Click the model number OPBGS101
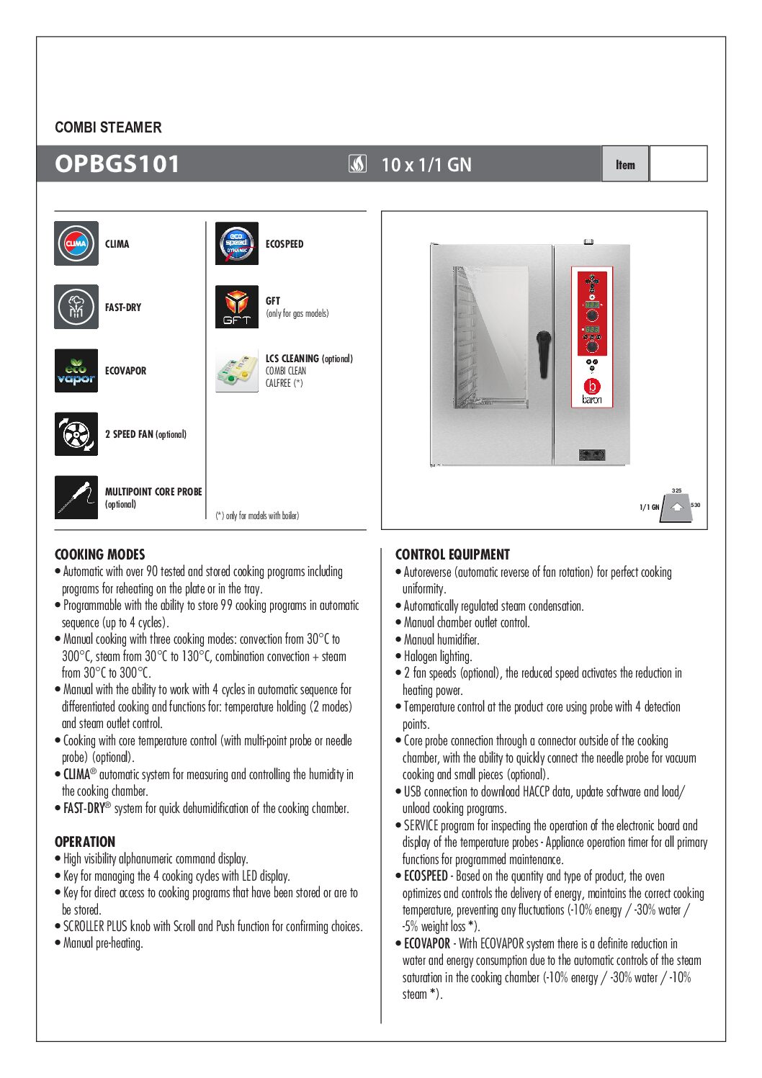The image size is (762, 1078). (x=117, y=164)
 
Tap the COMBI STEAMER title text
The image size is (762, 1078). (x=108, y=127)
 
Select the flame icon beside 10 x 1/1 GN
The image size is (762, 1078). (x=357, y=164)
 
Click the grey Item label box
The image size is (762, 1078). (x=625, y=164)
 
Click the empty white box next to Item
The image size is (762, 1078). (x=678, y=164)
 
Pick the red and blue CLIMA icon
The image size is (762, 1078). (x=76, y=243)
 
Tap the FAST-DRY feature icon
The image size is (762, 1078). (x=76, y=307)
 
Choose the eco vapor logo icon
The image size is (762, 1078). (x=76, y=370)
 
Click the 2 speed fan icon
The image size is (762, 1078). (x=76, y=434)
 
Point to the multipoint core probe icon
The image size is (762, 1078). (x=76, y=497)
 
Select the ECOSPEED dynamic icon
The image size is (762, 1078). (x=237, y=243)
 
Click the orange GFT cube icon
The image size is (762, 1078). (x=237, y=307)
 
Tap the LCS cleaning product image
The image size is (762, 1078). (x=237, y=370)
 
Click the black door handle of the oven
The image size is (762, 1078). (x=544, y=353)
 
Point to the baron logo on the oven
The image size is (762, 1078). (x=591, y=390)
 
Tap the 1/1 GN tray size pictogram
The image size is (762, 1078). (x=676, y=506)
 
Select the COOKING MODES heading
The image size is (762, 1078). (x=100, y=554)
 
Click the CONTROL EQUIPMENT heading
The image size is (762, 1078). (x=452, y=554)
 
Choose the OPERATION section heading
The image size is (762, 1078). (x=85, y=842)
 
